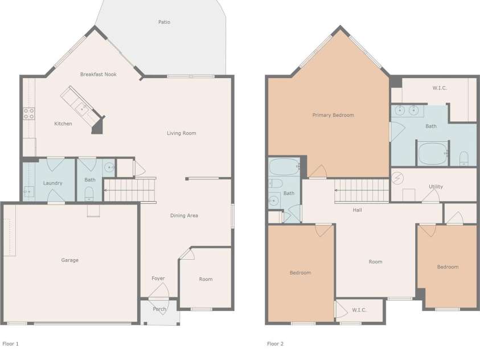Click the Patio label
pos(164,22)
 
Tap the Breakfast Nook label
pos(99,75)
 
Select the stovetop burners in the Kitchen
pos(29,113)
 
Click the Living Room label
pos(182,133)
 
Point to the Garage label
pos(70,260)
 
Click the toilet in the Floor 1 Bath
pos(89,194)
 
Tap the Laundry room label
pos(52,183)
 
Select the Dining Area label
pos(184,215)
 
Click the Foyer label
pos(158,279)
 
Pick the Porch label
pos(159,309)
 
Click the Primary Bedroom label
pos(333,115)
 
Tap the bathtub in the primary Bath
pos(433,153)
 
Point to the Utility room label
pos(436,186)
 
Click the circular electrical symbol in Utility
pos(397,178)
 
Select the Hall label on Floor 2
pos(357,210)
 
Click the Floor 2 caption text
pos(275,344)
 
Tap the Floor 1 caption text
pos(10,344)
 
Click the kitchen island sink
pos(83,108)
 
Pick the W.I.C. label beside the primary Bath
pos(440,88)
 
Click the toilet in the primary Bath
pos(464,158)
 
